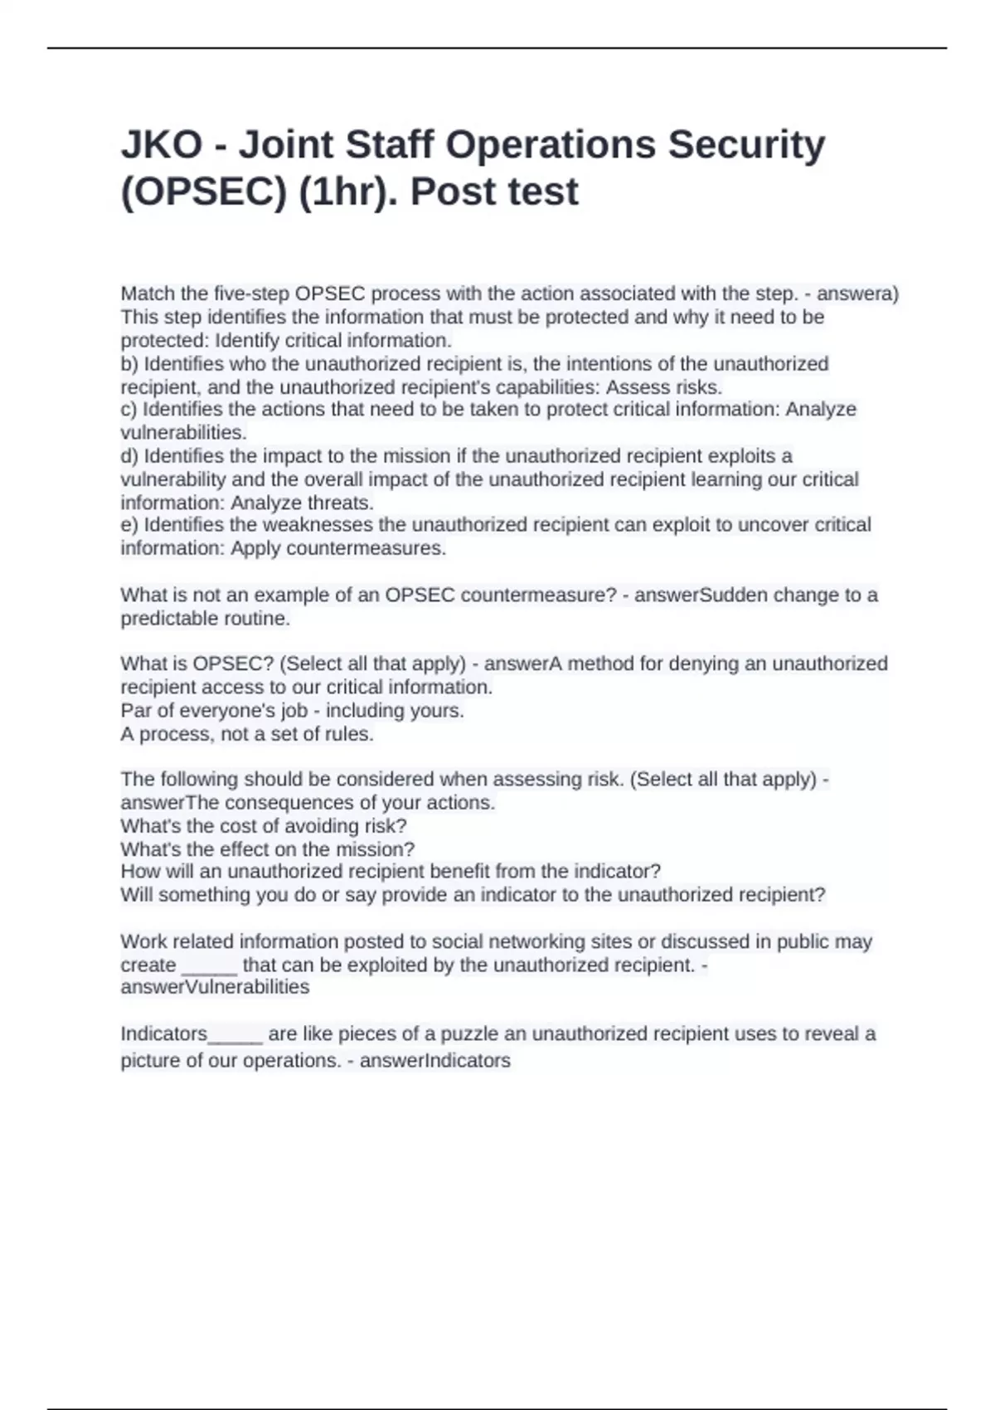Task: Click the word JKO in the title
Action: click(x=162, y=145)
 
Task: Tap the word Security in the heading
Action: click(x=746, y=145)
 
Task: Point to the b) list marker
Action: click(x=130, y=363)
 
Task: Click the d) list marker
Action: click(x=130, y=455)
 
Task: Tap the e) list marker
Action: click(x=130, y=524)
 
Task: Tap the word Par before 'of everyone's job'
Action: click(x=134, y=711)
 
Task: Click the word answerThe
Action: click(x=170, y=803)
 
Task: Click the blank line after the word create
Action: click(x=209, y=966)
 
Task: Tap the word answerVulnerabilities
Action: click(x=215, y=987)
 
